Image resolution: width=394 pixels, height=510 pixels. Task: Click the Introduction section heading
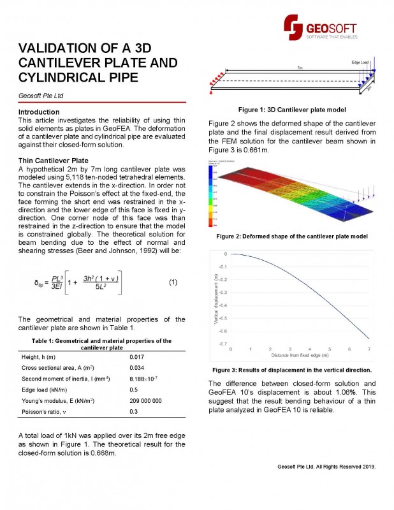40,112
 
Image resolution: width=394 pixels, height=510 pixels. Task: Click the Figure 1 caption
292,110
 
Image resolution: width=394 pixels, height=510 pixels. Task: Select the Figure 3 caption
292,370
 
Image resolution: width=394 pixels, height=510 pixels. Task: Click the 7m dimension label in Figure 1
299,67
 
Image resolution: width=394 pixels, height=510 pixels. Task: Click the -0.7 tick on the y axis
223,344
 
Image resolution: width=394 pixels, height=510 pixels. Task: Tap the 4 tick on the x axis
310,349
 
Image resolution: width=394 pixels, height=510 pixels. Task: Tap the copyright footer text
326,467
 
